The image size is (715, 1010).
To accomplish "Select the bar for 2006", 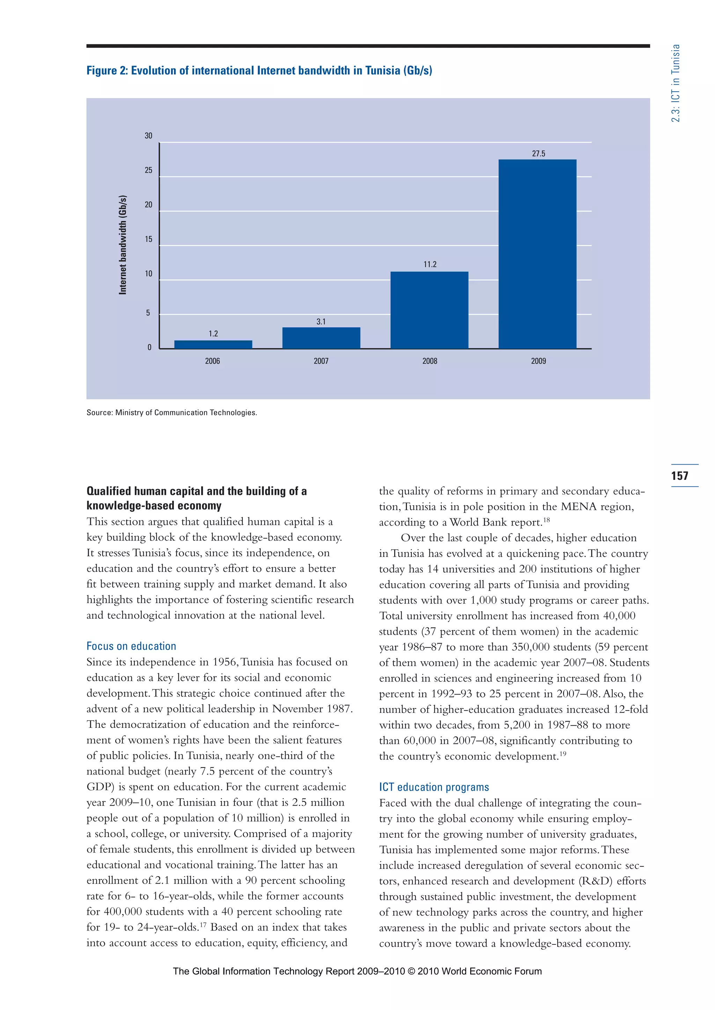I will point(213,345).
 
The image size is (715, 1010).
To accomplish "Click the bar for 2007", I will point(321,338).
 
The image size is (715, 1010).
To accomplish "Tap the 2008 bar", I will point(429,310).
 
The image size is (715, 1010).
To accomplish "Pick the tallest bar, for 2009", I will point(537,254).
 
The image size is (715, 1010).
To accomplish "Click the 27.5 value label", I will point(538,153).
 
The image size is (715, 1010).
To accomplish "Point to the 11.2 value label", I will point(430,264).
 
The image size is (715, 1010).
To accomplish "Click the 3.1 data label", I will point(321,322).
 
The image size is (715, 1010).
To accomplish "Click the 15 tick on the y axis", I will point(148,239).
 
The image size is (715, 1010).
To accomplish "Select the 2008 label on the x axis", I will point(430,361).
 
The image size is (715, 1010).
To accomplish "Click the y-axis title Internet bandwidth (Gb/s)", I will point(123,244).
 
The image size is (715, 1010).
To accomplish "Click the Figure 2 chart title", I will point(259,70).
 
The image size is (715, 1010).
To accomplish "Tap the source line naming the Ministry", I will point(172,413).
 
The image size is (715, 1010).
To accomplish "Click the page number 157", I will point(679,475).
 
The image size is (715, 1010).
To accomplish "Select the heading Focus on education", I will point(131,646).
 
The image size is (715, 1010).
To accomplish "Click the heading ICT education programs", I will point(434,787).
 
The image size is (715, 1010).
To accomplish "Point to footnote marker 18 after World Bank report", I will point(546,520).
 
